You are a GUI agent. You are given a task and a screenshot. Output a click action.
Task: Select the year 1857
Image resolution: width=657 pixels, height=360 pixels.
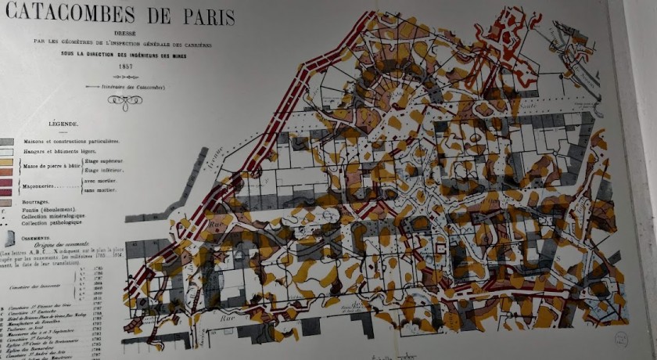tap(125, 67)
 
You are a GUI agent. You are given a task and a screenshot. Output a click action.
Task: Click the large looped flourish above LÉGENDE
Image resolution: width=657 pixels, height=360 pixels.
tap(125, 101)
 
